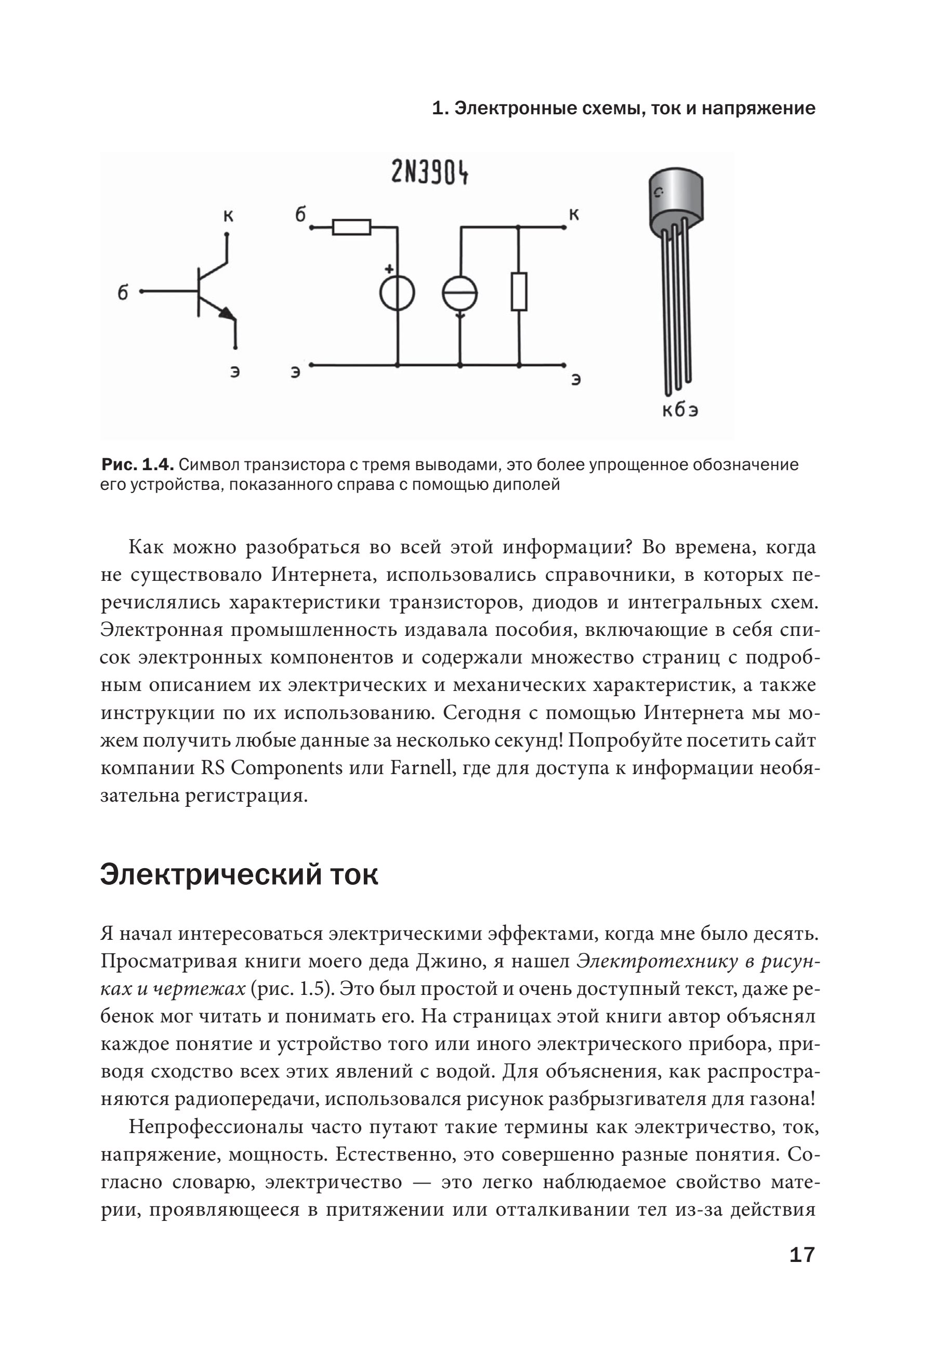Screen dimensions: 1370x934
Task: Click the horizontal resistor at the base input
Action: (351, 227)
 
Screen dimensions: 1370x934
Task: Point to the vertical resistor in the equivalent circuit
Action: (519, 292)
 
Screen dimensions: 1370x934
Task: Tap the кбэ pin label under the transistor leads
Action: (679, 411)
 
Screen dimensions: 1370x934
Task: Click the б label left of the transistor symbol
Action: (123, 292)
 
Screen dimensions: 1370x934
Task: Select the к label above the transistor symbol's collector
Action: (228, 216)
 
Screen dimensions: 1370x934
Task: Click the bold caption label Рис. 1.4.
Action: (137, 465)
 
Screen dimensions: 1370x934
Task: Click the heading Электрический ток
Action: (239, 875)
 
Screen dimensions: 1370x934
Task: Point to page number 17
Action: (801, 1255)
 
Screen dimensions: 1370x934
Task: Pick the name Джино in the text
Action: (449, 961)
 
